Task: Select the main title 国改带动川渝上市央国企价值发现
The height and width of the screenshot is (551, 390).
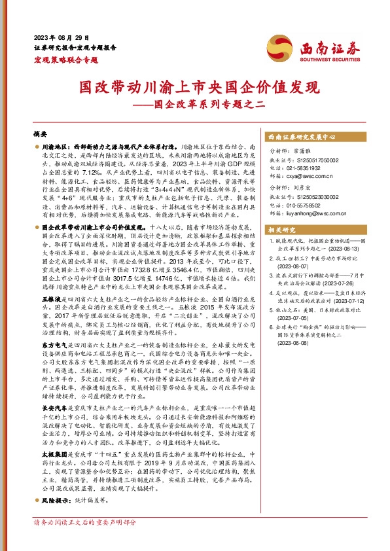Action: point(194,88)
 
